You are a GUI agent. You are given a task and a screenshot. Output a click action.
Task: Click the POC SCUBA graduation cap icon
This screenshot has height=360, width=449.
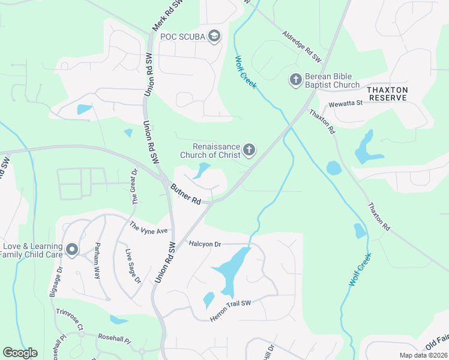[x=214, y=37]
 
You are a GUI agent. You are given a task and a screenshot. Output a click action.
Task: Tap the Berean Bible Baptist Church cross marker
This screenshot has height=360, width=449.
[x=295, y=79]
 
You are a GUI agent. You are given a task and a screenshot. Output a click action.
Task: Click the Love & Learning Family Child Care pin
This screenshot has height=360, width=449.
[x=72, y=250]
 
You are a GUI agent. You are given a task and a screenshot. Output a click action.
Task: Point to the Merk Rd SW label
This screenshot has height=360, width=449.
[x=160, y=15]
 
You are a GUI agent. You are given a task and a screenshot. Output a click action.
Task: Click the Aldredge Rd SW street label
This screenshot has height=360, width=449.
[x=302, y=46]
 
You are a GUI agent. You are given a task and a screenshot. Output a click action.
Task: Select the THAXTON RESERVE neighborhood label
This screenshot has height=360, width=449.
[x=388, y=93]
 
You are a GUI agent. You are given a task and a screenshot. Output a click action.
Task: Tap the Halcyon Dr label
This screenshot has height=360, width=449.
[x=205, y=244]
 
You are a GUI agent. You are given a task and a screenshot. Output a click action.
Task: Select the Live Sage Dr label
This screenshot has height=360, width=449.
[x=132, y=266]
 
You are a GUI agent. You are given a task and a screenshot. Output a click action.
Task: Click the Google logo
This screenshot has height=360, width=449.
[x=20, y=353]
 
